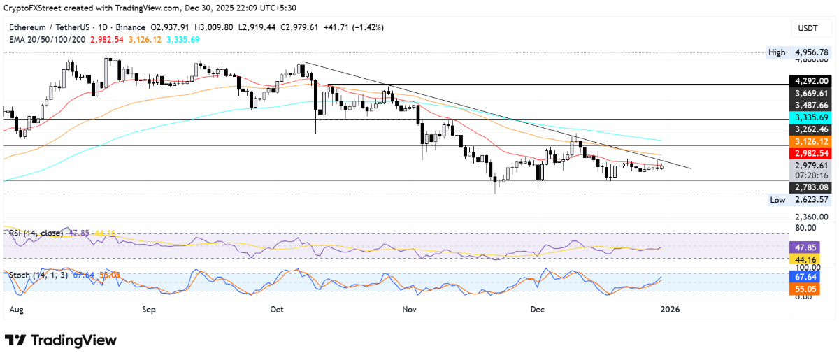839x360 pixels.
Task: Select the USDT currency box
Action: pyautogui.click(x=808, y=27)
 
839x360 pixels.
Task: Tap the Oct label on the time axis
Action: pyautogui.click(x=276, y=308)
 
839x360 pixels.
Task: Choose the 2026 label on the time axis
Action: pyautogui.click(x=670, y=308)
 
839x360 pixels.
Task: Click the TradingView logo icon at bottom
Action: pyautogui.click(x=15, y=340)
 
